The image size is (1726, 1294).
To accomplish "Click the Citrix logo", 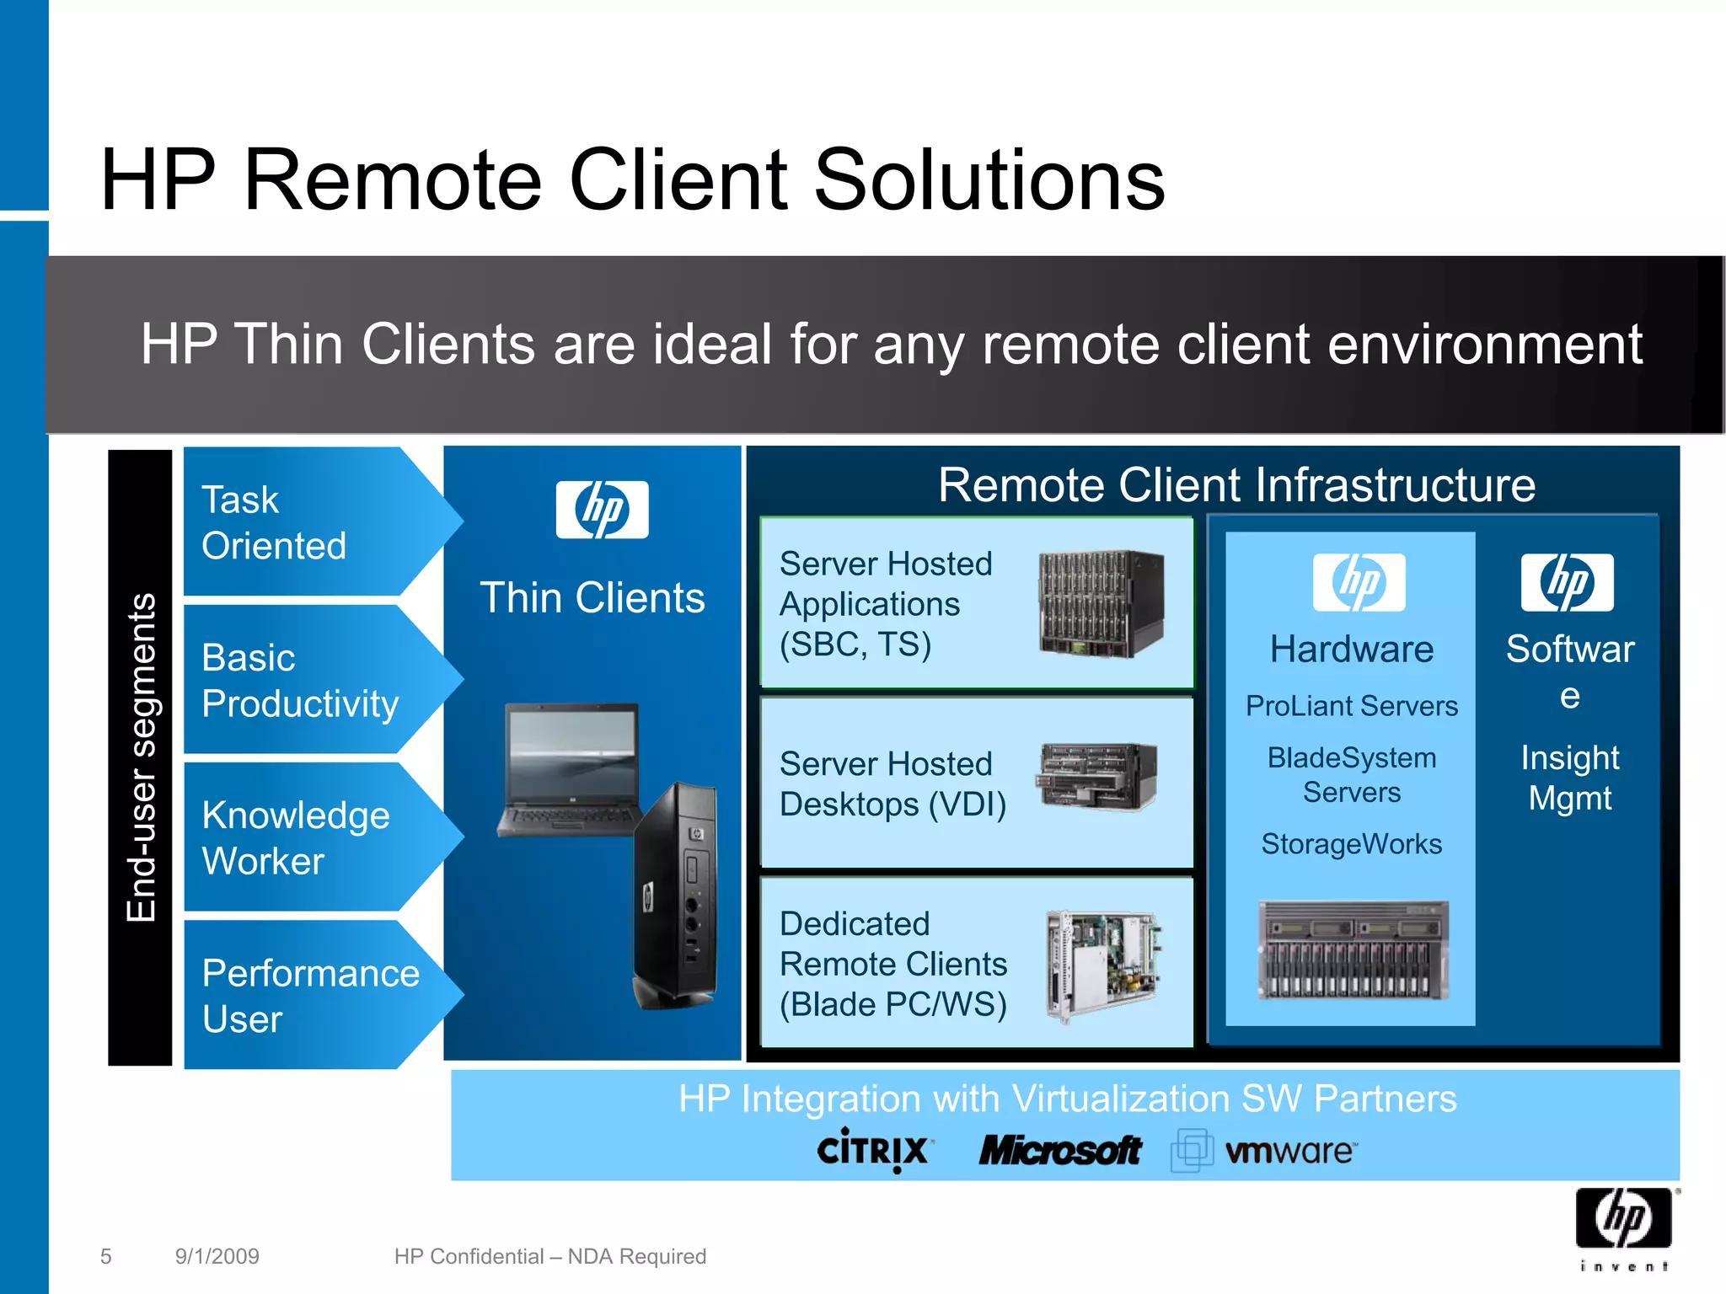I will coord(874,1150).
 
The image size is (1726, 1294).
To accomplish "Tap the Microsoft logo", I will coord(1059,1151).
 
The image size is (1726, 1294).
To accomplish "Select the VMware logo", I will coord(1264,1151).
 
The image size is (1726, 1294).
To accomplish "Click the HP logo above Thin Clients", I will coord(602,510).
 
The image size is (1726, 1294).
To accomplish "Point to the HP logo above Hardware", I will coord(1359,582).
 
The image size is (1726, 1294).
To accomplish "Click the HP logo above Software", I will coord(1567,582).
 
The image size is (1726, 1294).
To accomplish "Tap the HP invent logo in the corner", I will coord(1624,1227).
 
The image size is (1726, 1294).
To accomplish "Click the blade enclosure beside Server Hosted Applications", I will coord(1101,604).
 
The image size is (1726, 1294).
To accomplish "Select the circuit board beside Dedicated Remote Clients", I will coord(1103,964).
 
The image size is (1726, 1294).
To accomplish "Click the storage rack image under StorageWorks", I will coord(1353,950).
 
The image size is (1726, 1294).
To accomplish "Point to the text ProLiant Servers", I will coord(1351,706).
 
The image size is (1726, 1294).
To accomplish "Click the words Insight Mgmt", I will coord(1569,778).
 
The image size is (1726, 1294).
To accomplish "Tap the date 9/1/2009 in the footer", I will coord(217,1256).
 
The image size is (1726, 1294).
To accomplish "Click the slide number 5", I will coord(105,1256).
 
